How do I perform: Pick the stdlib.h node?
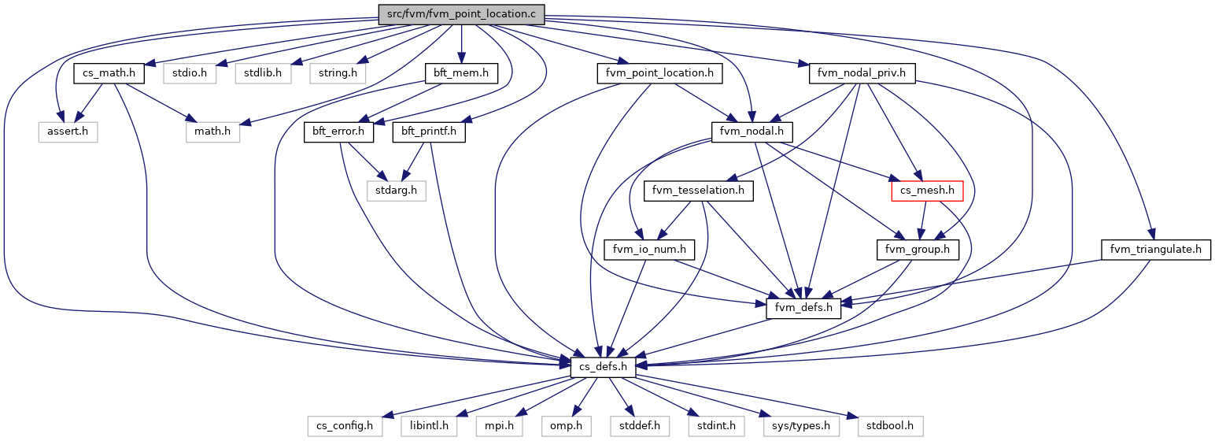click(263, 73)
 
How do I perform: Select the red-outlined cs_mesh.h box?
click(921, 190)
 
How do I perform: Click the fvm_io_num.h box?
click(644, 250)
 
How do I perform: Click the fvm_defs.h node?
click(803, 308)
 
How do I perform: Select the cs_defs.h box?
click(603, 366)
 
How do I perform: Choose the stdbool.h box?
click(880, 426)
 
